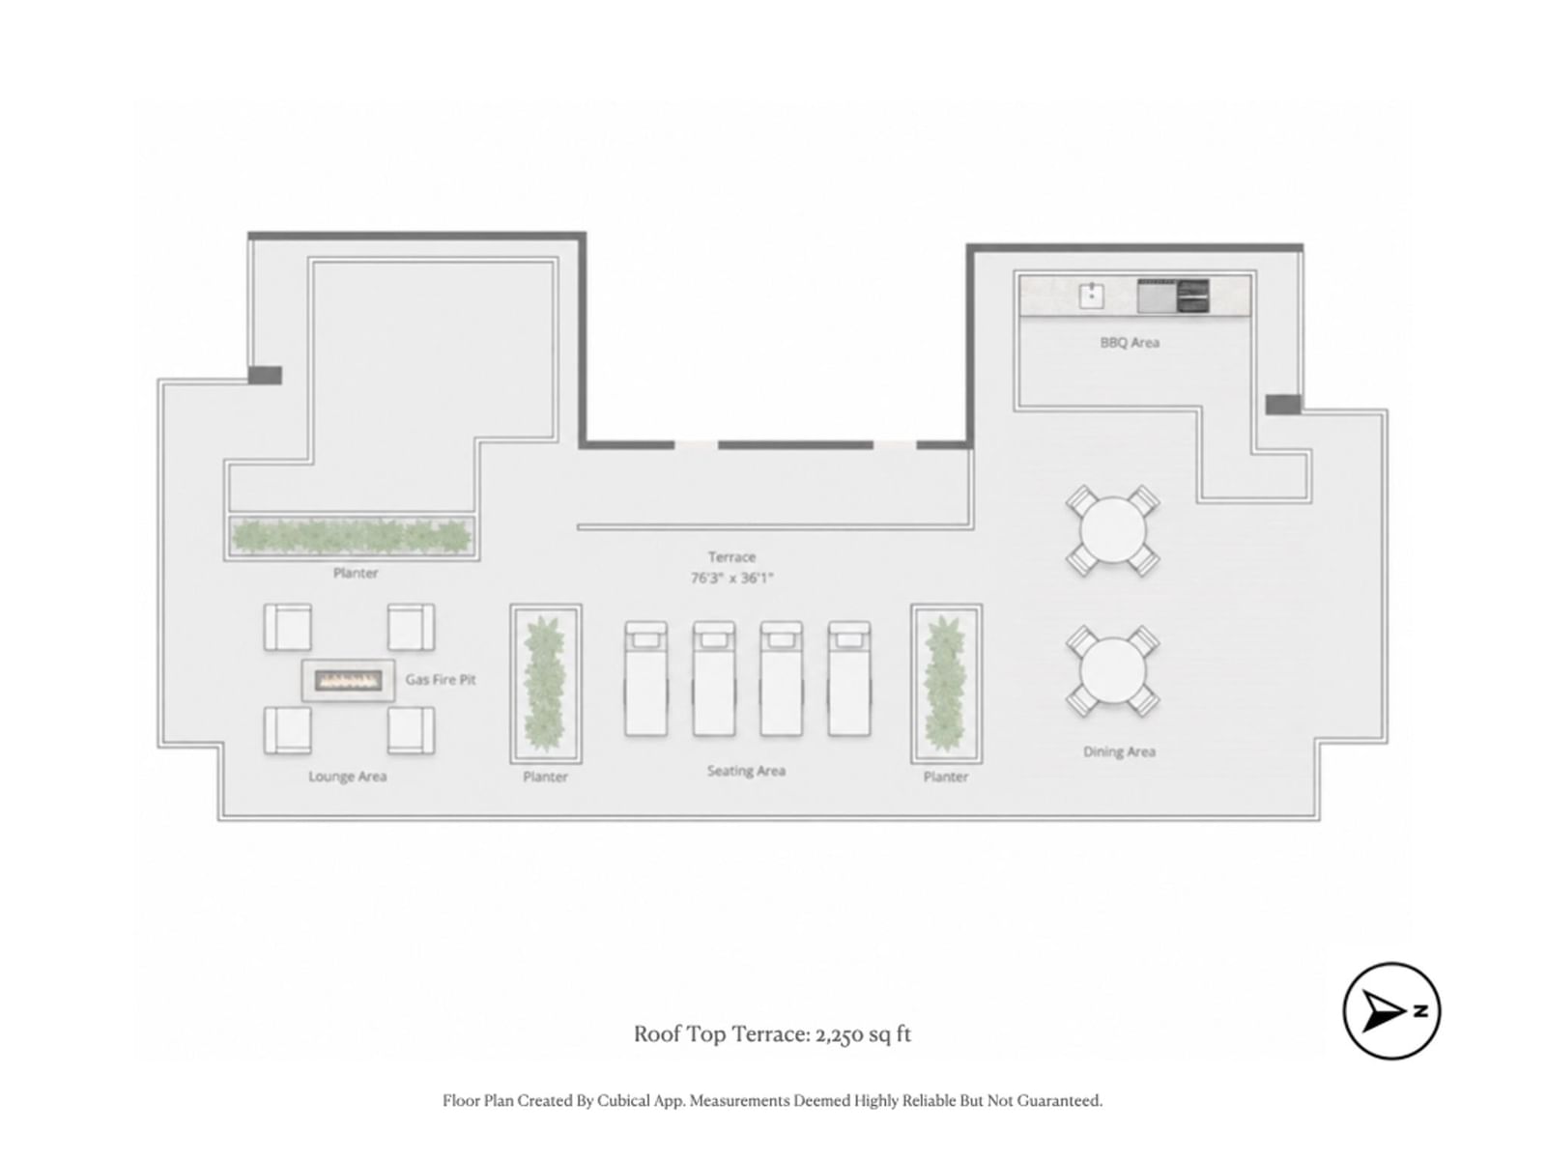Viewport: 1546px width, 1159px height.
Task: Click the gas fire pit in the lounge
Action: coord(347,680)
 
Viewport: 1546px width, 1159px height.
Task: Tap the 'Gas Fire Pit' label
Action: coord(441,680)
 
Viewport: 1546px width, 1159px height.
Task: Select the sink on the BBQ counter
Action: coord(1091,296)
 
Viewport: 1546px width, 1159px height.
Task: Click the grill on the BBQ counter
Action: coord(1173,296)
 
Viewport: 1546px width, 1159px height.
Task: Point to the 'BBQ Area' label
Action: coord(1129,343)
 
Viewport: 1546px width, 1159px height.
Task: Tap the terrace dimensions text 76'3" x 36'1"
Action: coord(731,578)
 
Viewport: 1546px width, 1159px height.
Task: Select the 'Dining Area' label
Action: coord(1119,751)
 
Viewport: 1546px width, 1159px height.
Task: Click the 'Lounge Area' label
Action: coord(347,777)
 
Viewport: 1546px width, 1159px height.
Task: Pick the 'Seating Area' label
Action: coord(746,771)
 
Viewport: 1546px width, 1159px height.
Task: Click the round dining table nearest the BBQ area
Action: coord(1112,530)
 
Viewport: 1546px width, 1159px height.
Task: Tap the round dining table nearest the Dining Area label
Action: coord(1112,670)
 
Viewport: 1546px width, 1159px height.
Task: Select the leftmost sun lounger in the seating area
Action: coord(645,678)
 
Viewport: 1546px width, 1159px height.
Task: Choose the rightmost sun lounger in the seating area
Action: coord(848,678)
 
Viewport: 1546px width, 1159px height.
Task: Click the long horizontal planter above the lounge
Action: coord(352,536)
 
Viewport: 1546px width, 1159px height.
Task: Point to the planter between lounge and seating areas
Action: coord(546,683)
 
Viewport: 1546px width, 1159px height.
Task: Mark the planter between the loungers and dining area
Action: coord(946,683)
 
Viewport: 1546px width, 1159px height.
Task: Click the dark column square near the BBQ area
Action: coord(1282,405)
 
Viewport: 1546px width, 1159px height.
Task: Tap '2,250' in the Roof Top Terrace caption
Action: coord(839,1034)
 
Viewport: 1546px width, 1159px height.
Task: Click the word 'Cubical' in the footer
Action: coord(623,1101)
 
